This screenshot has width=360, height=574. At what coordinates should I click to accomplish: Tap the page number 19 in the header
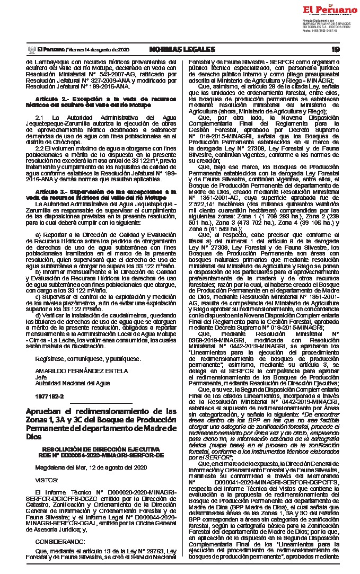pos(335,49)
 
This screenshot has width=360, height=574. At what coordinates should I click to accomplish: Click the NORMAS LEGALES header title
pos(182,49)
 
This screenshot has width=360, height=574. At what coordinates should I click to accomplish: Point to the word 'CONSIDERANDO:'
pos(60,541)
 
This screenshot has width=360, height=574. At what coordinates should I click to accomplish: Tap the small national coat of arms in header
pos(30,49)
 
